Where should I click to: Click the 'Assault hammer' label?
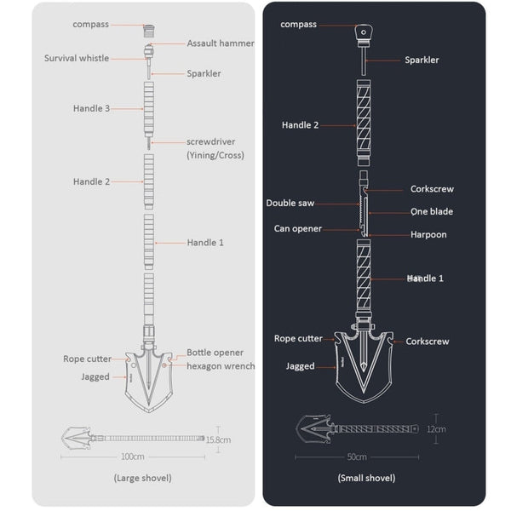pyautogui.click(x=220, y=43)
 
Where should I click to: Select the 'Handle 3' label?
pyautogui.click(x=91, y=109)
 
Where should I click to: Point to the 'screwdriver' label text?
pyautogui.click(x=210, y=141)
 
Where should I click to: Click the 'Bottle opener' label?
pyautogui.click(x=215, y=353)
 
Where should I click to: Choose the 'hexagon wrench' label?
pyautogui.click(x=221, y=366)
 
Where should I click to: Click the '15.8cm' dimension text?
pyautogui.click(x=219, y=439)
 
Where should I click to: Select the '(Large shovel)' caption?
pyautogui.click(x=142, y=478)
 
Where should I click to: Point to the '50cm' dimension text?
pyautogui.click(x=357, y=457)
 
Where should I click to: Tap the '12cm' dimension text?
pyautogui.click(x=436, y=429)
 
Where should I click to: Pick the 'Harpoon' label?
pyautogui.click(x=428, y=234)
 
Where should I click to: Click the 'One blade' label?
pyautogui.click(x=432, y=212)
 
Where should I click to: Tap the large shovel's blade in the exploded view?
pyautogui.click(x=149, y=375)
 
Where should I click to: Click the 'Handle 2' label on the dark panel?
pyautogui.click(x=300, y=125)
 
